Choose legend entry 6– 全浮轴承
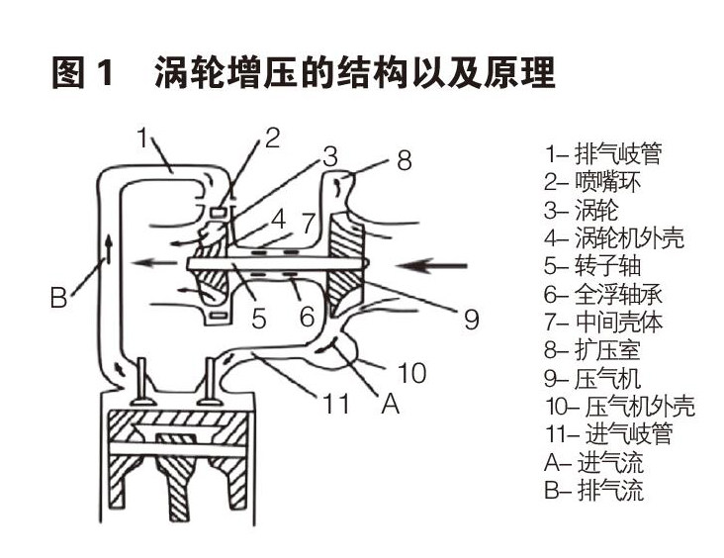602,294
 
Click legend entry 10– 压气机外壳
619,406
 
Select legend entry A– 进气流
593,462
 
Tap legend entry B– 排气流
593,490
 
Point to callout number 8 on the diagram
403,160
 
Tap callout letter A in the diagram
390,403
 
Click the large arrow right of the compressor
429,264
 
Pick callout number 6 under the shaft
307,317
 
